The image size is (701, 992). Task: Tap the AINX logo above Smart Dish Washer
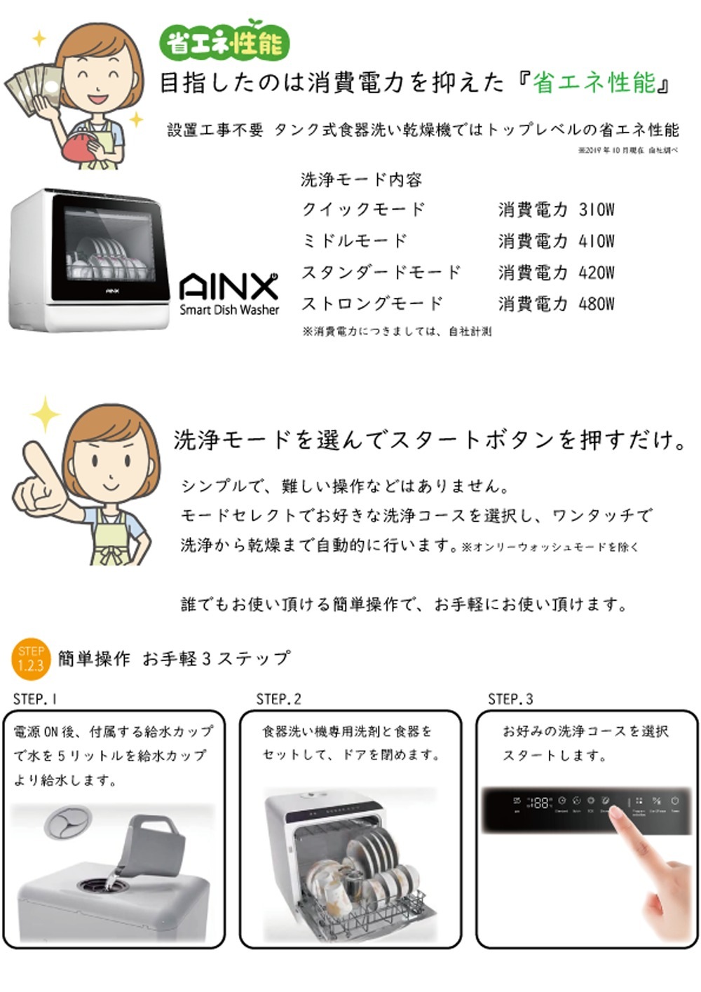tap(229, 287)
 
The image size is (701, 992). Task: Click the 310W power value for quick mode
tap(596, 210)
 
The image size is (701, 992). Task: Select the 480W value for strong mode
tap(596, 304)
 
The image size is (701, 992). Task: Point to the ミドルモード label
tap(354, 240)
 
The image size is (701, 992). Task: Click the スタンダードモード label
tap(381, 272)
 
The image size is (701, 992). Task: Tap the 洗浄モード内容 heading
tap(361, 180)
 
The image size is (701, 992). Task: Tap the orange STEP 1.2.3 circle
tap(31, 659)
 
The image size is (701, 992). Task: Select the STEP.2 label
tap(278, 699)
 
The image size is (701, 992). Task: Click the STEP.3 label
tap(510, 699)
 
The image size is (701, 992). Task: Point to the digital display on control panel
tap(538, 803)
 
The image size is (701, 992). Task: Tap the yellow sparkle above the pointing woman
tap(46, 414)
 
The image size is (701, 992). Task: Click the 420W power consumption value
tap(596, 272)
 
